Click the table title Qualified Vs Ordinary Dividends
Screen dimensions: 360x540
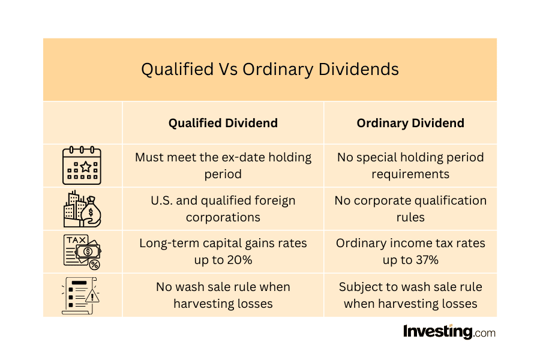[270, 70]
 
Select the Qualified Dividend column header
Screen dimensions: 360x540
[223, 123]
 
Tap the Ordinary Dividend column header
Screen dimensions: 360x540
[410, 123]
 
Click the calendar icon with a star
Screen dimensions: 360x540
[82, 166]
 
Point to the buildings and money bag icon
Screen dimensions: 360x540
[82, 209]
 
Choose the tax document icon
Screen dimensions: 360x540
[82, 251]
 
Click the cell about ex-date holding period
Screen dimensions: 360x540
[223, 166]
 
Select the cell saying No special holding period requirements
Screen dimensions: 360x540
[410, 166]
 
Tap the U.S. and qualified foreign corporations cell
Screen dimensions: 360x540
[223, 209]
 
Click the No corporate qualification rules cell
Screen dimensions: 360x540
[410, 209]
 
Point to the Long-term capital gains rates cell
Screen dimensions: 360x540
[223, 251]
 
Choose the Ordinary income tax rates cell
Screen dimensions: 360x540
[410, 251]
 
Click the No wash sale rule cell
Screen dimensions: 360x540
[223, 295]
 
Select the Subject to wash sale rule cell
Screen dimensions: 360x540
[410, 295]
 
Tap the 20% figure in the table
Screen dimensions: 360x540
[239, 260]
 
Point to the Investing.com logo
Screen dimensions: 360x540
[449, 332]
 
